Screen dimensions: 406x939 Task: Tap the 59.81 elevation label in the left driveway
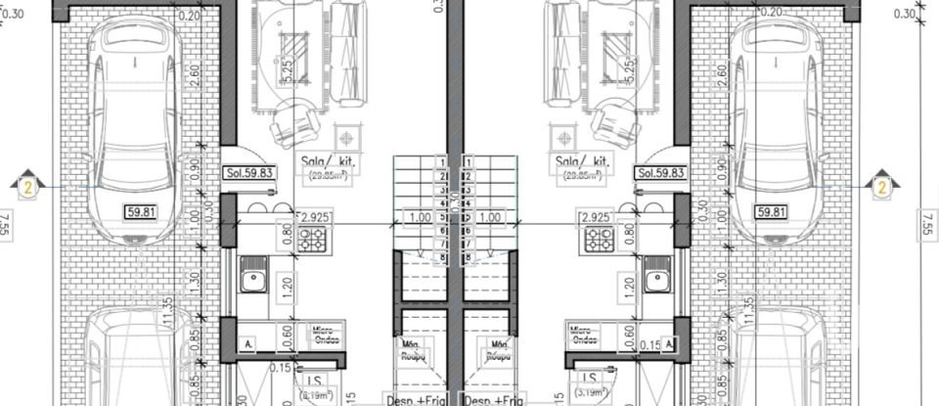coord(142,211)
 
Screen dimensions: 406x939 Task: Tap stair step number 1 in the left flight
coord(444,162)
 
